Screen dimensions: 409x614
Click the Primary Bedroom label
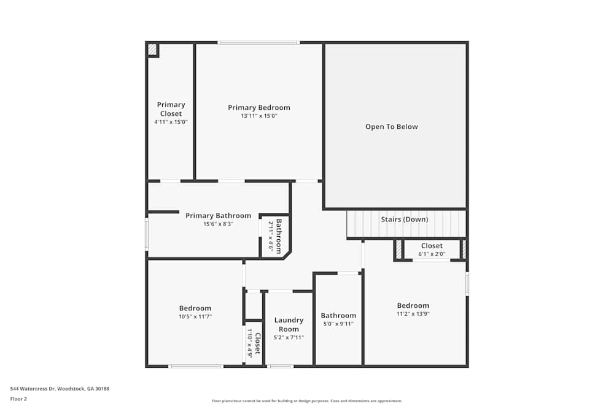click(x=258, y=107)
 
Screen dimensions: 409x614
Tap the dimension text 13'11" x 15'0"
click(x=258, y=116)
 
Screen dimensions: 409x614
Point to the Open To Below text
click(x=391, y=127)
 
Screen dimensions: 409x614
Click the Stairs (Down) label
click(x=405, y=220)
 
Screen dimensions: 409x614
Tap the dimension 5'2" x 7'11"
click(x=289, y=337)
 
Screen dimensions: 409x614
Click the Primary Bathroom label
click(x=218, y=216)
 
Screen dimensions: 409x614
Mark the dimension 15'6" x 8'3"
click(x=218, y=224)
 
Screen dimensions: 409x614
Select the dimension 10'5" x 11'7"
click(x=195, y=316)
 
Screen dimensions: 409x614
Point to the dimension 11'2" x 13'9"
click(x=413, y=314)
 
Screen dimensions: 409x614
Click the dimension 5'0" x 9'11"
click(x=338, y=324)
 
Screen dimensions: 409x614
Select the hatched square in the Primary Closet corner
click(x=152, y=49)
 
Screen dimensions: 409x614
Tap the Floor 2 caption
click(x=18, y=399)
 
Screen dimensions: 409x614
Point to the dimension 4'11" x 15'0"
click(x=171, y=122)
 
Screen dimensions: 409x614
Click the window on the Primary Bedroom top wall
click(x=258, y=42)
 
